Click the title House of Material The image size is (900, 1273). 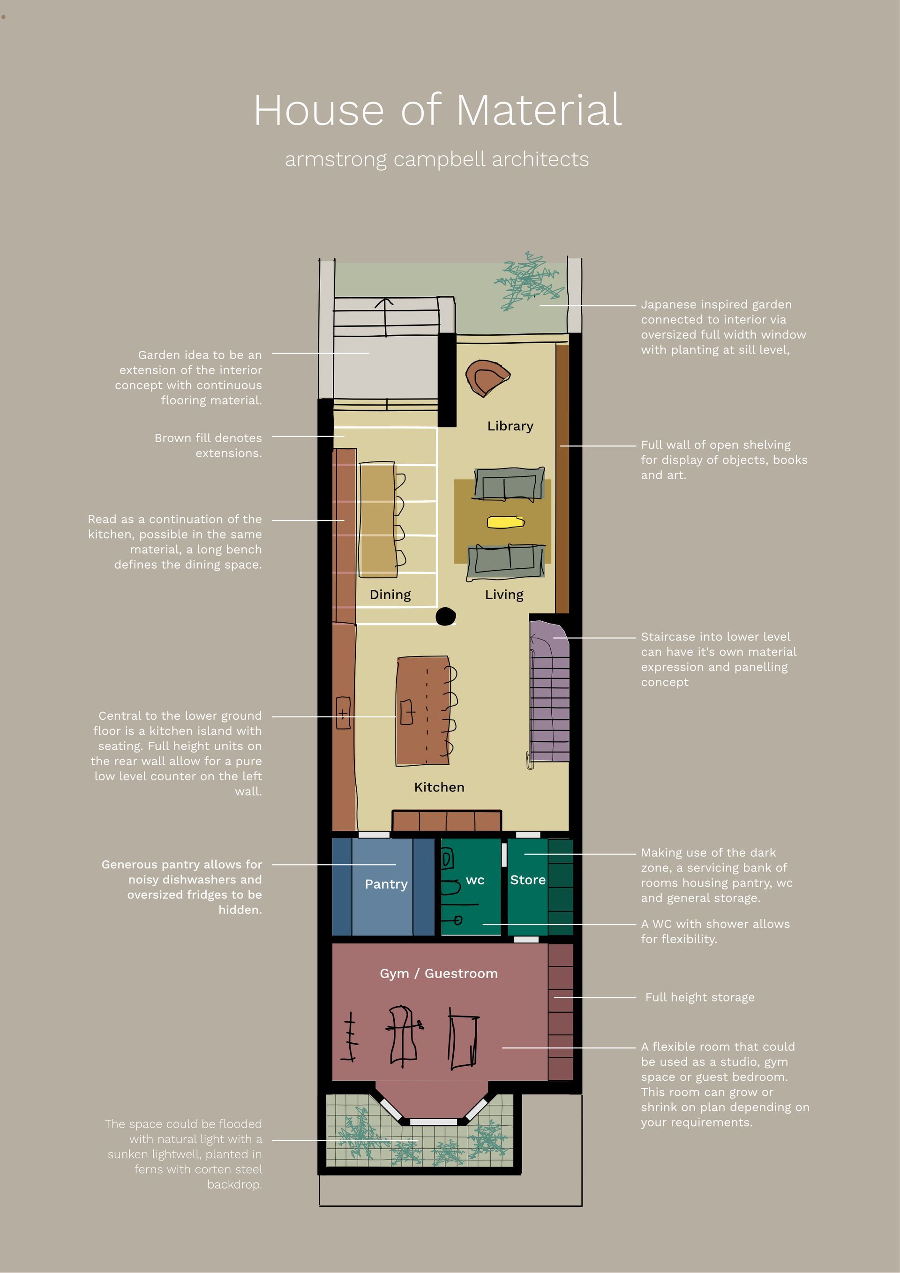(438, 110)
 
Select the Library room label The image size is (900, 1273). (510, 426)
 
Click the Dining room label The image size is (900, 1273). (390, 595)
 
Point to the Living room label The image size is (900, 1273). (504, 595)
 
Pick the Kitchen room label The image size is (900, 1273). (439, 787)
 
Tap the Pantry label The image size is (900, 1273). (386, 884)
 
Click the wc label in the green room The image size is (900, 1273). (475, 880)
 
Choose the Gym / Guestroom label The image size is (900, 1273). (438, 973)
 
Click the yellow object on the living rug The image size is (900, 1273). (505, 522)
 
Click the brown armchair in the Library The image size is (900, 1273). (486, 377)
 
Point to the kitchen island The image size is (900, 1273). (422, 711)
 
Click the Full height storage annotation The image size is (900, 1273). (699, 997)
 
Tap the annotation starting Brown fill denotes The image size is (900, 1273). (208, 445)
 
